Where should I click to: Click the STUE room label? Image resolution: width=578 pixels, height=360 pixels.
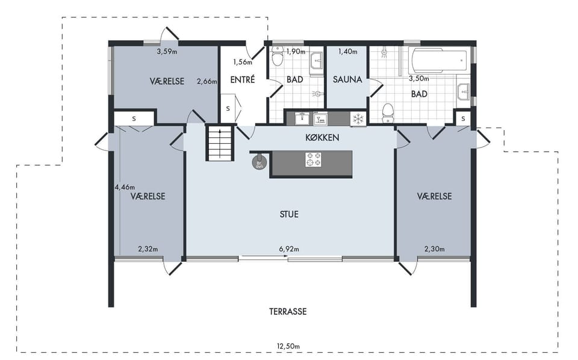[289, 214]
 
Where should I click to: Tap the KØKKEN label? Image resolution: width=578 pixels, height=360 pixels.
[322, 137]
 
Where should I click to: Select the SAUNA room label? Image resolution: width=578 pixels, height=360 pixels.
[347, 79]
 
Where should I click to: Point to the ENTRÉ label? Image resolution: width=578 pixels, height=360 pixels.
[243, 79]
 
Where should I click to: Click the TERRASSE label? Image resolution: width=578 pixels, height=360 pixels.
[288, 312]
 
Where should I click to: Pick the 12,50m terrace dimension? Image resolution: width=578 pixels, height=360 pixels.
[288, 346]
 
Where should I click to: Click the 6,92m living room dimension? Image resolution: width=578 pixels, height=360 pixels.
[289, 249]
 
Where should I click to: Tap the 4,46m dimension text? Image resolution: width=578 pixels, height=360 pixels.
[125, 187]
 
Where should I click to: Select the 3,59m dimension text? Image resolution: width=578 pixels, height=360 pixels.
[167, 52]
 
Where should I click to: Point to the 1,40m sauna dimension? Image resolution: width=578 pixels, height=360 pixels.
[347, 52]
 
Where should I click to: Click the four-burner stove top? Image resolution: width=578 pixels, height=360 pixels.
[313, 160]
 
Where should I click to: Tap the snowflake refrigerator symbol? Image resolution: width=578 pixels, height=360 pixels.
[358, 119]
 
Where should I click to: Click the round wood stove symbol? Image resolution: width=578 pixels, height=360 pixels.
[259, 163]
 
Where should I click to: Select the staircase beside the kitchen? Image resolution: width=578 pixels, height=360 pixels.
[220, 143]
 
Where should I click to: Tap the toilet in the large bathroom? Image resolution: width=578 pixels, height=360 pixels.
[387, 113]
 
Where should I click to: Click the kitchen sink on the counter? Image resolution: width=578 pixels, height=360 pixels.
[302, 118]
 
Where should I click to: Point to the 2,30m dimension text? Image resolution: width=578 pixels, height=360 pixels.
[434, 249]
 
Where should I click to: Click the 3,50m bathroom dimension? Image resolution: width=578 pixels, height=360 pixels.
[419, 78]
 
